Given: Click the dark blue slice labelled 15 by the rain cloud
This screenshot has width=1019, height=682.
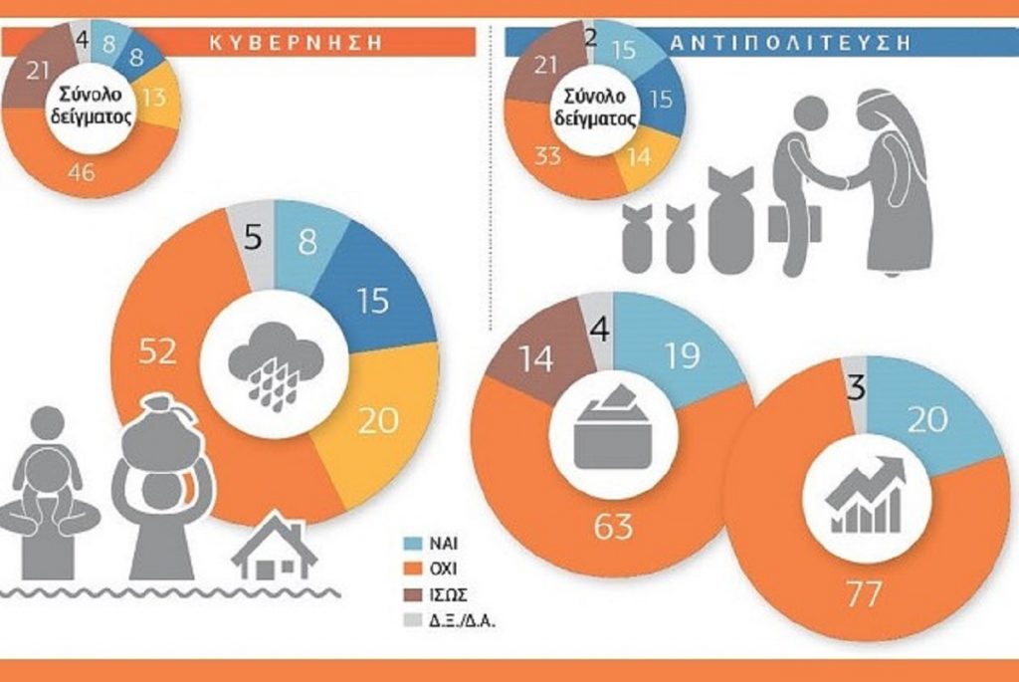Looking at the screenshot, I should coord(373,301).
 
